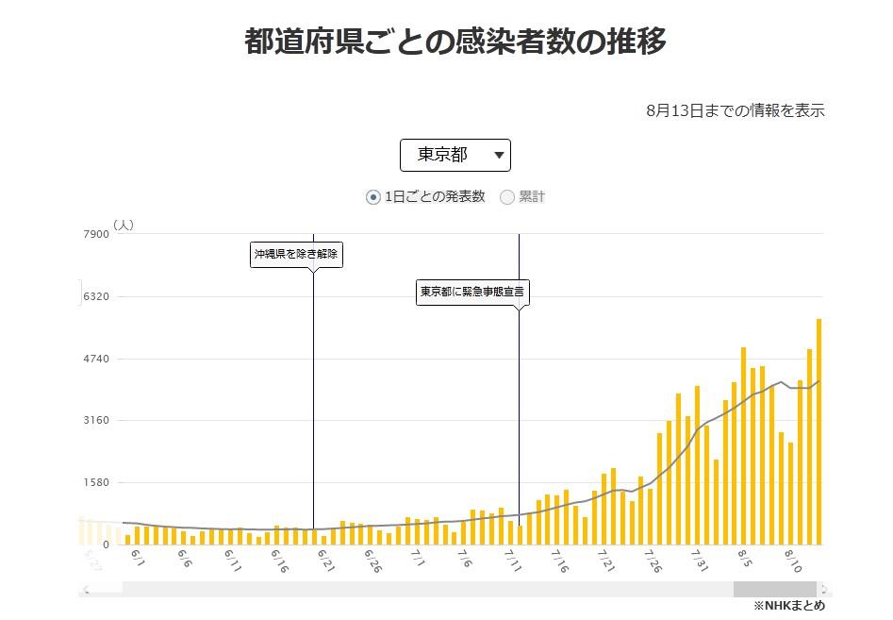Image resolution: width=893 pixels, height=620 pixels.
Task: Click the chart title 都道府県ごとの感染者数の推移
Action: (455, 42)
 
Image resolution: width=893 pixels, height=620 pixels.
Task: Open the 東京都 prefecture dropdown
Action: (455, 155)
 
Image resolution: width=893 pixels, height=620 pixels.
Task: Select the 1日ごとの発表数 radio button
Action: (373, 197)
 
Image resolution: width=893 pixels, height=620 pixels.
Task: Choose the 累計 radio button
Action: (507, 197)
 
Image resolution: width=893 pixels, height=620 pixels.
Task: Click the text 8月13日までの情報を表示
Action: (736, 110)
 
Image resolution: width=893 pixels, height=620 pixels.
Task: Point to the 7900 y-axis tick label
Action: (97, 234)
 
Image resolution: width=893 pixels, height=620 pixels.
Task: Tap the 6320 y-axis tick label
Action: (97, 296)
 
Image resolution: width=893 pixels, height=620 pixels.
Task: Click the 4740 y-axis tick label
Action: (97, 359)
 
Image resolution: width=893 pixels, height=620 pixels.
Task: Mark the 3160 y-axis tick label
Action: (97, 420)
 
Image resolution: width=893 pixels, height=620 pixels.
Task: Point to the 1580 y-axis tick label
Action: (97, 482)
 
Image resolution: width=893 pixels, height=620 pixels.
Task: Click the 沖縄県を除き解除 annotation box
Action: (294, 254)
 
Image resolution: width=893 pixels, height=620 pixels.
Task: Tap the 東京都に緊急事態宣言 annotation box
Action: (472, 292)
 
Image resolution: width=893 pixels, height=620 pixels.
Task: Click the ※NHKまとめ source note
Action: (789, 606)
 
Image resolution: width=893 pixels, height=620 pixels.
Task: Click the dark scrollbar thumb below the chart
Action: (775, 589)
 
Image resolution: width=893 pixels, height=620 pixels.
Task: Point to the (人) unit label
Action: (124, 225)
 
